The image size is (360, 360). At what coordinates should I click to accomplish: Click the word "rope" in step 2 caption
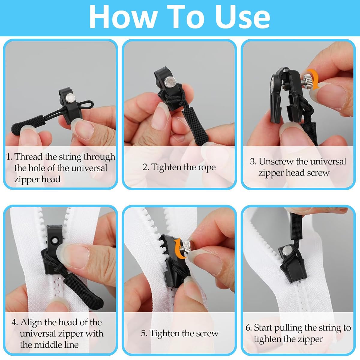(x=207, y=167)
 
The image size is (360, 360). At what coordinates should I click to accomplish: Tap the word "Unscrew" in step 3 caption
(x=276, y=161)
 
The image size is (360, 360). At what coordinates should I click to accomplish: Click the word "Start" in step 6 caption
(x=263, y=328)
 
